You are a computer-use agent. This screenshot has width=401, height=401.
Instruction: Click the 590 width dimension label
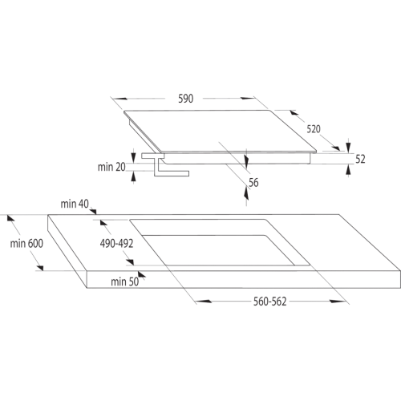point(186,99)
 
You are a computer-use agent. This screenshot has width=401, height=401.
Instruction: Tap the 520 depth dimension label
point(314,129)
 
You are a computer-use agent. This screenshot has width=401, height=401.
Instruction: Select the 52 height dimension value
point(360,159)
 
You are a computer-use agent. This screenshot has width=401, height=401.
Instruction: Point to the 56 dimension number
point(253,183)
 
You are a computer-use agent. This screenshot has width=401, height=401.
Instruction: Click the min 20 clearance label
point(111,167)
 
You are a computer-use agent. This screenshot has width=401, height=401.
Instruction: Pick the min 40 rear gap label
point(75,204)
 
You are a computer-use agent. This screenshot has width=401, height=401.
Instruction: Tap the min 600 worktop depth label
point(26,244)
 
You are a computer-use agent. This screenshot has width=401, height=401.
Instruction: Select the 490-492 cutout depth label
point(116,244)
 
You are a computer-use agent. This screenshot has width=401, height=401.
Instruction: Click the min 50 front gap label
point(125,282)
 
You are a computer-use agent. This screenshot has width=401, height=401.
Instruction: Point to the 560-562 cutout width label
point(270,302)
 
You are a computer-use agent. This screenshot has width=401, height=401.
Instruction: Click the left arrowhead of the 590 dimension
point(120,99)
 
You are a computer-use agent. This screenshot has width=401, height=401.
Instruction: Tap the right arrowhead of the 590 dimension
point(248,98)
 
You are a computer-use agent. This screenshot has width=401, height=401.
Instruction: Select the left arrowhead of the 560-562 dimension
point(204,302)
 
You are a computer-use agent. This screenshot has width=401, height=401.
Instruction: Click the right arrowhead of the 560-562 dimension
point(338,302)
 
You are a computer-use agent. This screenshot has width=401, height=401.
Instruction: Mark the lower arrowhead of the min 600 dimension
point(40,268)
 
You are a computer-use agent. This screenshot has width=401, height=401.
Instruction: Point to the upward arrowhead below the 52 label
point(348,169)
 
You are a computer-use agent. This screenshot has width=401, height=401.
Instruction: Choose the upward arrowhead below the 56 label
point(246,193)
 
